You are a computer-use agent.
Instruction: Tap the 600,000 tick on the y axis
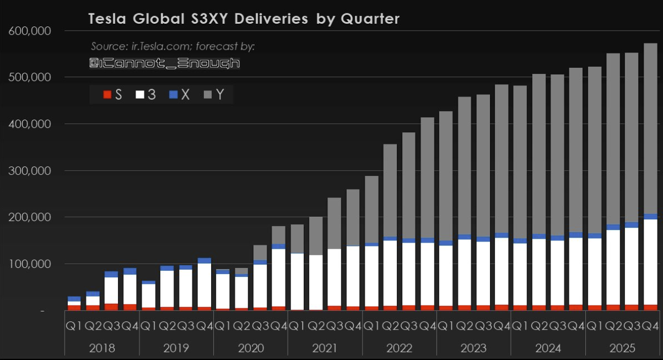[30, 31]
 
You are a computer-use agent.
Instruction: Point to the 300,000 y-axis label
[30, 171]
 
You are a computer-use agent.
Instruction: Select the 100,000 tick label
[30, 264]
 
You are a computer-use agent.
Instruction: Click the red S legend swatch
[107, 95]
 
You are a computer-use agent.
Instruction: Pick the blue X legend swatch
[174, 95]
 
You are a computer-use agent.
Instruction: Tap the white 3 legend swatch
[140, 95]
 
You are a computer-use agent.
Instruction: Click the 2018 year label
[101, 348]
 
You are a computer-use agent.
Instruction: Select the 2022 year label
[399, 348]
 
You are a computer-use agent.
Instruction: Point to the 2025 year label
[622, 348]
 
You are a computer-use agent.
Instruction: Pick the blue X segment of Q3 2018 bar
[111, 274]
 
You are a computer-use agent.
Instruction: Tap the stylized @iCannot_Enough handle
[164, 63]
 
